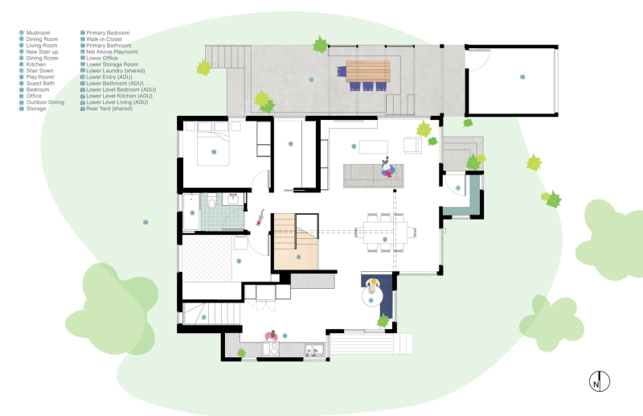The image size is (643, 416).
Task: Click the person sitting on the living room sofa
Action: [389, 170]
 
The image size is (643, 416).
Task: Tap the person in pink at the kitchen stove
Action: [272, 336]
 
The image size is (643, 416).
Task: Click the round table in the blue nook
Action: [373, 290]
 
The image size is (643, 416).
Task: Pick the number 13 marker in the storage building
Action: [522, 77]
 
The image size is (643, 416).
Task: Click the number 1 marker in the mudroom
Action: [457, 188]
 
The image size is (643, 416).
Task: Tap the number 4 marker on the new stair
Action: [297, 257]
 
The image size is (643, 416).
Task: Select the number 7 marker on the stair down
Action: [204, 317]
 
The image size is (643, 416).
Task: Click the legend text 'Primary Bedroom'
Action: [108, 33]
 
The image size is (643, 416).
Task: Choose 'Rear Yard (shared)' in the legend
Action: [110, 109]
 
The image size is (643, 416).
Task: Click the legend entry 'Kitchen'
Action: [35, 64]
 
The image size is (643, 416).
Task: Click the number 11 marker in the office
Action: [291, 143]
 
